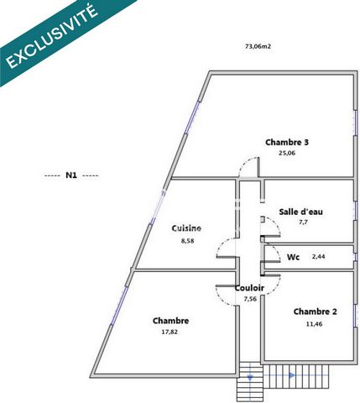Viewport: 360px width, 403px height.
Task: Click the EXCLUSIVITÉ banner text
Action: click(x=52, y=36)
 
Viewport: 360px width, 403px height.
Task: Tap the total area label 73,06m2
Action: click(x=258, y=46)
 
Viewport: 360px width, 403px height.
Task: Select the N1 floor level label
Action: click(x=71, y=175)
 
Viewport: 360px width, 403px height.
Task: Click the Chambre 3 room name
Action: click(x=287, y=142)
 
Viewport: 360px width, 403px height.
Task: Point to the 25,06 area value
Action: click(x=287, y=153)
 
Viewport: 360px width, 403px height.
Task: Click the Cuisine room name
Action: click(x=186, y=228)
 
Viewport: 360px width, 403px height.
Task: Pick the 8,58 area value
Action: click(x=187, y=241)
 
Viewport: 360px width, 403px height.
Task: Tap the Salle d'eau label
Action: click(x=300, y=212)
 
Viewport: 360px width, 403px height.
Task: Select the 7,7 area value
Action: click(x=303, y=222)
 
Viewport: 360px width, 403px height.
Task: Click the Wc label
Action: click(x=293, y=257)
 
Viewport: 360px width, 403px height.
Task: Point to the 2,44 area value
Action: click(x=318, y=256)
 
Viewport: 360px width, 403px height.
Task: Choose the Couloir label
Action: click(x=249, y=288)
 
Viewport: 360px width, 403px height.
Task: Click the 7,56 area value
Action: click(x=250, y=299)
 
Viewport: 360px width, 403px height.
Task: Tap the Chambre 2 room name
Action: click(x=315, y=311)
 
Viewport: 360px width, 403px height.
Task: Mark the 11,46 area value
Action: click(x=314, y=324)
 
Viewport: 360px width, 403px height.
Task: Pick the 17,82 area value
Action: click(x=170, y=332)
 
